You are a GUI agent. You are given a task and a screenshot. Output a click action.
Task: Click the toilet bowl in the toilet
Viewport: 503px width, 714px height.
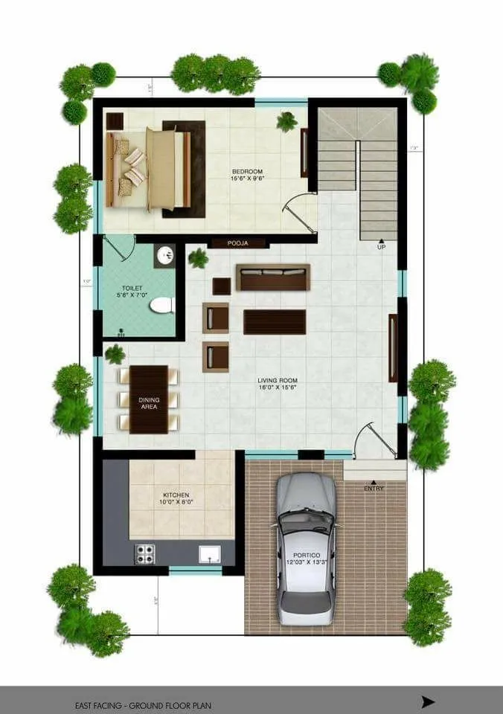pos(161,305)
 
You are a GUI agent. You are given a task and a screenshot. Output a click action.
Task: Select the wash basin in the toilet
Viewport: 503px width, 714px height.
pos(165,256)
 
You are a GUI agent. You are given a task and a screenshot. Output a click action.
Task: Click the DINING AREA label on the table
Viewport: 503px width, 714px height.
pos(149,402)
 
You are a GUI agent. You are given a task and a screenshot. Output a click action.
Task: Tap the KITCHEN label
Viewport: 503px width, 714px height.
pos(176,498)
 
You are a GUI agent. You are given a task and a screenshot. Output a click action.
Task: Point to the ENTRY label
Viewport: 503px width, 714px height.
pos(374,488)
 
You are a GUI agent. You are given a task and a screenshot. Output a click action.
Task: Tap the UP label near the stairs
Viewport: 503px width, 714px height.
pos(382,247)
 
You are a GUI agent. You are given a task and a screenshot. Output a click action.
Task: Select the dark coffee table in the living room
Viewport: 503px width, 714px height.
pos(275,322)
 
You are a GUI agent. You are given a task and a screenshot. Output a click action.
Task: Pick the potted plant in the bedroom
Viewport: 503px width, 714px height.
pos(286,121)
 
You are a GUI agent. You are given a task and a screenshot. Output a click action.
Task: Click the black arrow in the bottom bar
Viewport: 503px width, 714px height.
pos(427,701)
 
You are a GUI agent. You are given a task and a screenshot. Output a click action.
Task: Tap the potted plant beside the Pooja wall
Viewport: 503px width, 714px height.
pos(198,259)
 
